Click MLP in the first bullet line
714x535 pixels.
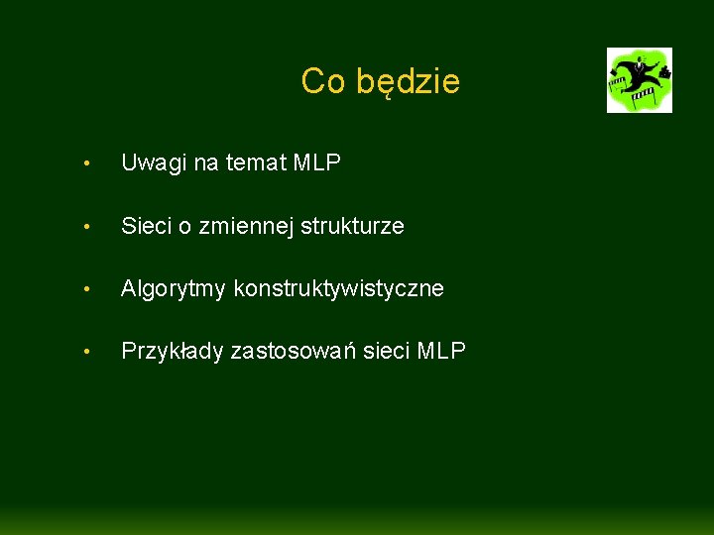pyautogui.click(x=317, y=163)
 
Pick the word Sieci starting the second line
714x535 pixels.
pyautogui.click(x=145, y=226)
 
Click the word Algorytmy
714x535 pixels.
pyautogui.click(x=174, y=289)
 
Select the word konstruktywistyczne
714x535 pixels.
pyautogui.click(x=338, y=288)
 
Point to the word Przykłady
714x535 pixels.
pyautogui.click(x=172, y=352)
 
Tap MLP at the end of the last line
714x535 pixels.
pyautogui.click(x=441, y=351)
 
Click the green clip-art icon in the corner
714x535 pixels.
pyautogui.click(x=640, y=80)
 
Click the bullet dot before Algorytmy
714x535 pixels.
pyautogui.click(x=88, y=290)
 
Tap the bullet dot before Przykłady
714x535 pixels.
pyautogui.click(x=88, y=353)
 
